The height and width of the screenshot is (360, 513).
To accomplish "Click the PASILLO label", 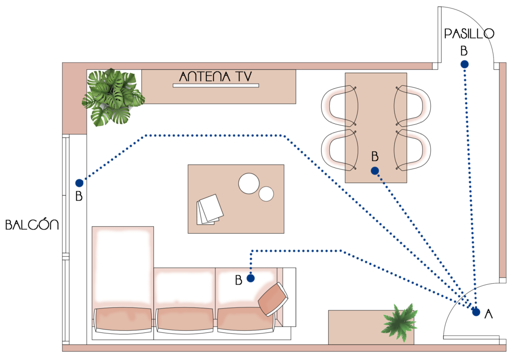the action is (x=469, y=34).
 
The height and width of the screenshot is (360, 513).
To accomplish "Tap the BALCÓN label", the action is (x=32, y=225).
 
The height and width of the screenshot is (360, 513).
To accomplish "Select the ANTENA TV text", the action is (x=215, y=76).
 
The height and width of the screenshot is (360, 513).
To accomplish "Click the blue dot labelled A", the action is (x=476, y=312).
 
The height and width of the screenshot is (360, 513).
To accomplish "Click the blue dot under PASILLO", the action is (x=464, y=64).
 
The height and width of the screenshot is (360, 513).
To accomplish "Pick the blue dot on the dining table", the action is (x=375, y=170).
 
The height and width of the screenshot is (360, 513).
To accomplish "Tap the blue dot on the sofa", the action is (x=250, y=278).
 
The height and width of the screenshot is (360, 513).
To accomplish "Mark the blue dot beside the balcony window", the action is (x=79, y=183).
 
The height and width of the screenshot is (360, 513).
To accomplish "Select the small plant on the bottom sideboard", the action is (x=399, y=322).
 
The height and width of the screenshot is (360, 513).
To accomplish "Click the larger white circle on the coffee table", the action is (x=248, y=184).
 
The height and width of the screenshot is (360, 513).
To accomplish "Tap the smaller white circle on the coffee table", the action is (x=267, y=194).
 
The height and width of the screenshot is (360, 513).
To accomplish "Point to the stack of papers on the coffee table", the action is (x=210, y=210).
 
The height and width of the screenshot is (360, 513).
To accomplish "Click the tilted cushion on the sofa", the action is (x=273, y=299).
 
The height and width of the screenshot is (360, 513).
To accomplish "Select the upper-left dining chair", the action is (x=340, y=105).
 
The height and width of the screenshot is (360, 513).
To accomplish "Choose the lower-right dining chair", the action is (x=412, y=150).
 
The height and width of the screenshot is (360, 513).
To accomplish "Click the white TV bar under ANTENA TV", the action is (x=216, y=86).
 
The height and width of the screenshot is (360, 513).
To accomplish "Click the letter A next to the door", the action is (x=488, y=314).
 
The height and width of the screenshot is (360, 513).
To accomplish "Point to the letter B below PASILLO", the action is (x=464, y=51).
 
